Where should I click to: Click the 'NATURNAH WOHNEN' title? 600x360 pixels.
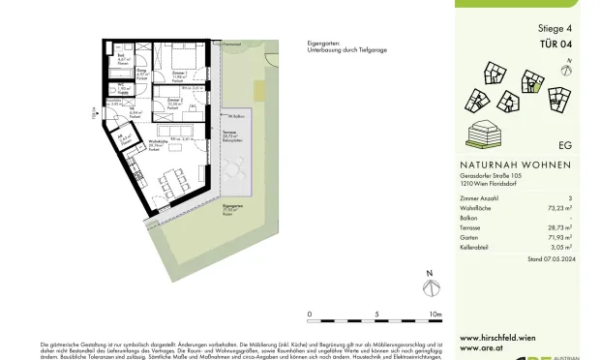pyautogui.click(x=515, y=164)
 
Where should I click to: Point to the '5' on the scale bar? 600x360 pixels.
pyautogui.click(x=375, y=315)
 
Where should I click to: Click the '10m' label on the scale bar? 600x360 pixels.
pyautogui.click(x=435, y=315)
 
